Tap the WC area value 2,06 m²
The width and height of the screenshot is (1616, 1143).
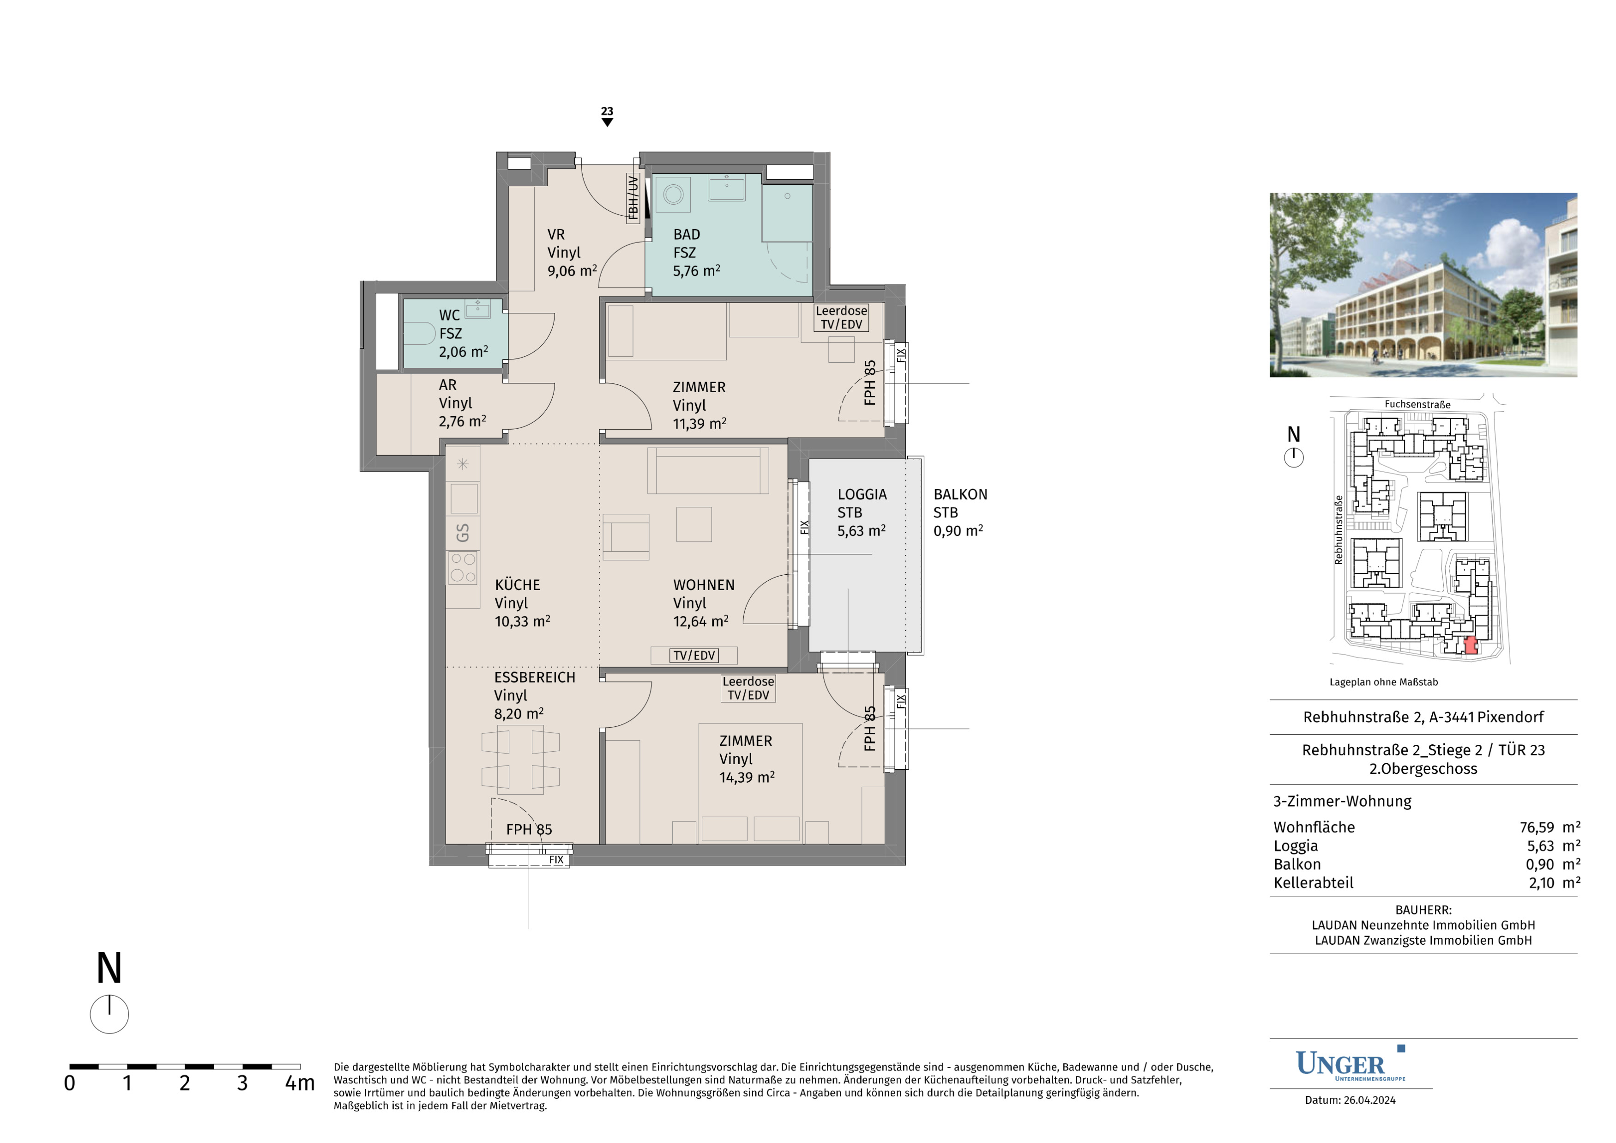(x=463, y=352)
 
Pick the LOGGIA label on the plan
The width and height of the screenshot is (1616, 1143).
(x=862, y=494)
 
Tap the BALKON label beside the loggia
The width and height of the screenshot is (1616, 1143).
(x=960, y=494)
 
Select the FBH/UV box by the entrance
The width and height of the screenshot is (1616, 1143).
(x=633, y=198)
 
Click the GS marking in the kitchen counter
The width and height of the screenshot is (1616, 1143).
(x=463, y=532)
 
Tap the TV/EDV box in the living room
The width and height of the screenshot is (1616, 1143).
(x=694, y=656)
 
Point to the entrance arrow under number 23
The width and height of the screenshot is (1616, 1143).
(x=608, y=122)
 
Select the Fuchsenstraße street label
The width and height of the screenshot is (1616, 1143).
(x=1417, y=404)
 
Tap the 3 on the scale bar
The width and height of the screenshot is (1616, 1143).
(x=242, y=1083)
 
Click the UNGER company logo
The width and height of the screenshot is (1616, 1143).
(x=1350, y=1064)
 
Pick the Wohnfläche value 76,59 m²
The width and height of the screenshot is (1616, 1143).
(x=1550, y=827)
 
